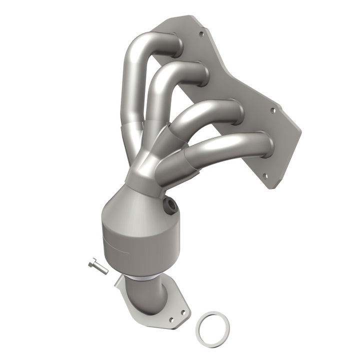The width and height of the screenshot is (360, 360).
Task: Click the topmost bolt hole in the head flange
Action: pos(201,35)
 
